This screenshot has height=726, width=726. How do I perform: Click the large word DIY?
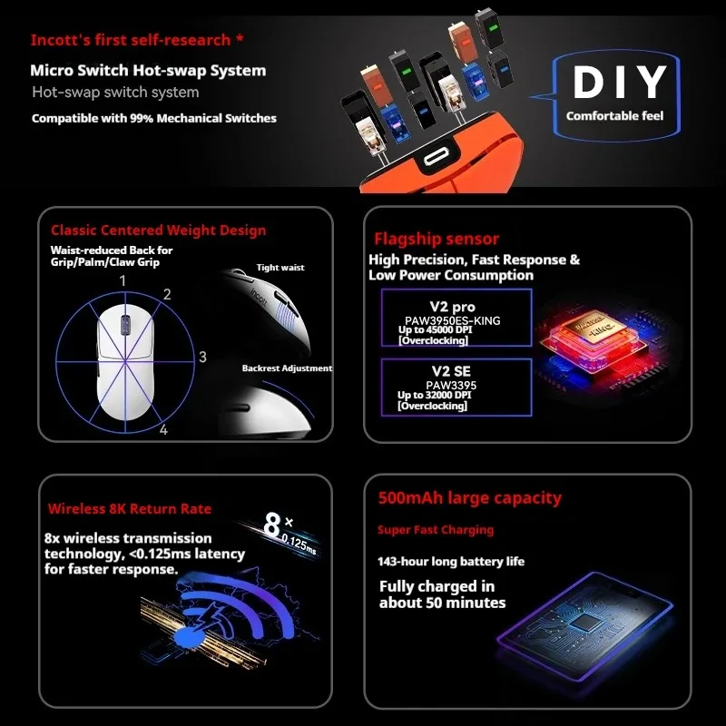pos(620,82)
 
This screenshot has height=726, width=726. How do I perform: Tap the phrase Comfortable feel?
pos(614,116)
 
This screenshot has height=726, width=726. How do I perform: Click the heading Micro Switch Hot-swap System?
pos(148,71)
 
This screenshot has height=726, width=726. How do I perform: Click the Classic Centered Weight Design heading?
pos(158,231)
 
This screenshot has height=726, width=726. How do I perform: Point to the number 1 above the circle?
pos(123,280)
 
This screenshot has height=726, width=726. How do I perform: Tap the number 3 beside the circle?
pos(202,357)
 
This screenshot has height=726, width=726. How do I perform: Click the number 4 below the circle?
pos(163,430)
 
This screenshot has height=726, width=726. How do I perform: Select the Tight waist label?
pos(280,268)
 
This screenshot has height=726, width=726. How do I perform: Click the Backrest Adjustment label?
pos(287,368)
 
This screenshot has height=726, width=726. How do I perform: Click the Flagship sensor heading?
pos(437,239)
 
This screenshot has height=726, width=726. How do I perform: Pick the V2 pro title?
pos(452,307)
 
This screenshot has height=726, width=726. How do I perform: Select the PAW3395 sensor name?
pos(451,385)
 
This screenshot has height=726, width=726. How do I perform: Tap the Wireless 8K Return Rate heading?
pos(130,509)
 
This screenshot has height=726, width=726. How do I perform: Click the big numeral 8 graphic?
pos(272,525)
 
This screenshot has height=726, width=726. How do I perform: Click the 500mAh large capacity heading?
pos(469,497)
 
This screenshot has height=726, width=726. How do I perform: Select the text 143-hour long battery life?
pos(451,562)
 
